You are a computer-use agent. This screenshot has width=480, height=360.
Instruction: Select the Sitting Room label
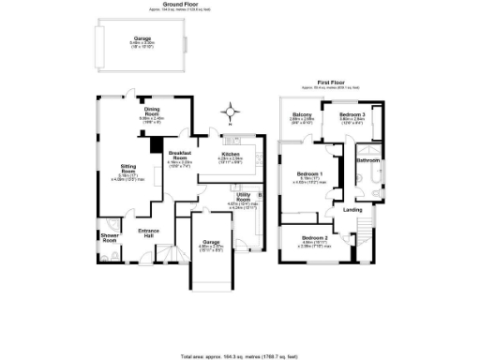[x=127, y=169]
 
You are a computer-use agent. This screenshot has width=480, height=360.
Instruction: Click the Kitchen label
[x=231, y=154]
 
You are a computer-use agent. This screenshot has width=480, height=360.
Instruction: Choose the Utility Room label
[x=243, y=199]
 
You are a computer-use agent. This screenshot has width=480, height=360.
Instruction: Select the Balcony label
[x=301, y=114]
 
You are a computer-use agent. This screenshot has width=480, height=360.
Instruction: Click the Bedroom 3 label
[x=352, y=114]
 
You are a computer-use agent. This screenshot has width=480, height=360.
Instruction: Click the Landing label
[x=352, y=209]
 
